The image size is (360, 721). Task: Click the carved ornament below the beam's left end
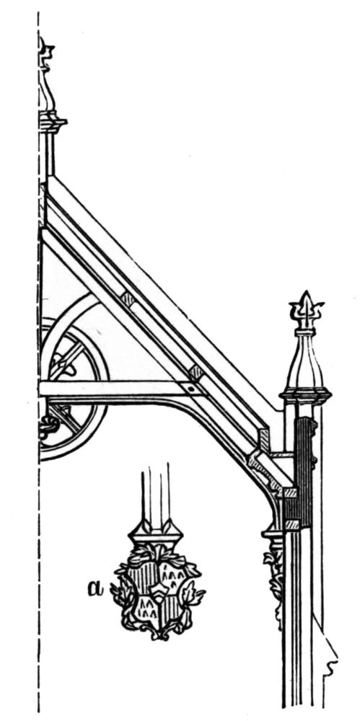[48, 425]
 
